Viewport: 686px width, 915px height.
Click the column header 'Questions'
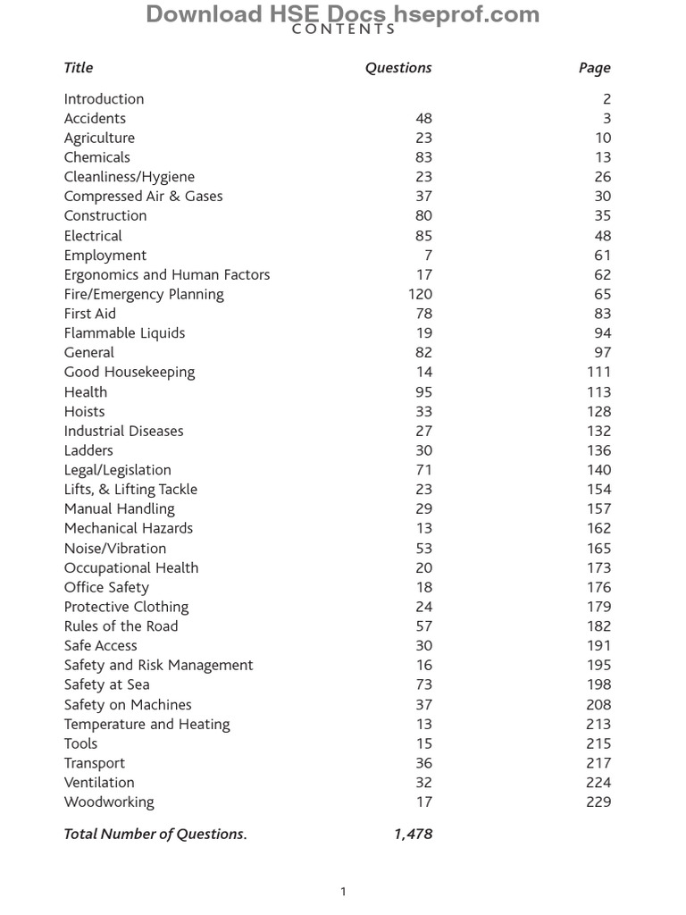click(x=398, y=68)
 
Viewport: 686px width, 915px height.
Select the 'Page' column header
click(x=594, y=68)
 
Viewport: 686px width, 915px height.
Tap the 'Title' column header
click(x=79, y=68)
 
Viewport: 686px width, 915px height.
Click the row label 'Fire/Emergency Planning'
click(x=144, y=294)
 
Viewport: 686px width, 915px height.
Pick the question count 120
click(x=420, y=294)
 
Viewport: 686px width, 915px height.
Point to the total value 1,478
click(x=413, y=834)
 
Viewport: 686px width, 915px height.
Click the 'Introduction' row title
click(x=104, y=99)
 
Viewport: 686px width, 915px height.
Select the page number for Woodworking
click(x=598, y=802)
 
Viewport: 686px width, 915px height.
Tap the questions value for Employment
click(x=428, y=256)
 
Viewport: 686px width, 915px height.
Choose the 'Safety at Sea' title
click(x=106, y=684)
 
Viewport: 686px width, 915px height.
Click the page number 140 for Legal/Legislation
click(x=598, y=470)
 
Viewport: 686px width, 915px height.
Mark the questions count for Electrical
click(x=423, y=236)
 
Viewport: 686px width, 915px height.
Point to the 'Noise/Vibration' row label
click(x=115, y=548)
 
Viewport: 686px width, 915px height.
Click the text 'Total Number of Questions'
click(x=155, y=834)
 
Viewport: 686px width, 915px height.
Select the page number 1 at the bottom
click(x=343, y=891)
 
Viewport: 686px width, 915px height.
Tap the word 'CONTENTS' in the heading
click(x=344, y=29)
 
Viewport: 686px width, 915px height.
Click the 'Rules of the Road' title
click(x=121, y=626)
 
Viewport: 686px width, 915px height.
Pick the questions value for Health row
click(x=423, y=392)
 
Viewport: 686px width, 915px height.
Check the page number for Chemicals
click(x=603, y=157)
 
